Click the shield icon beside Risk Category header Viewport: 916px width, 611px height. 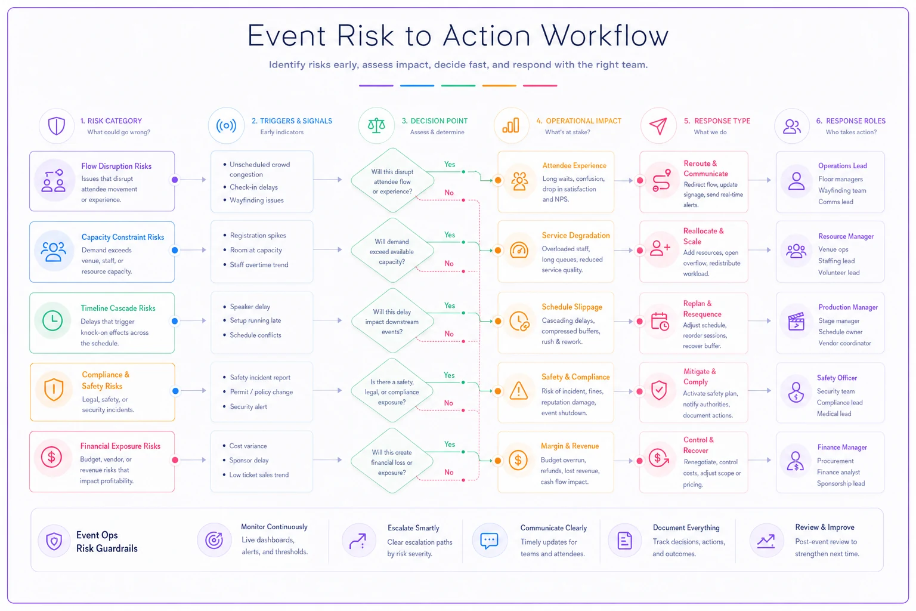point(57,126)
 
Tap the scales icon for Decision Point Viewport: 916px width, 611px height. point(376,125)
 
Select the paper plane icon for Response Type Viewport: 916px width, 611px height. point(658,126)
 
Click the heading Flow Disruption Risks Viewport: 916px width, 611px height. point(116,166)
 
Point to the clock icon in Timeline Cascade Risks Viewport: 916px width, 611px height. point(52,320)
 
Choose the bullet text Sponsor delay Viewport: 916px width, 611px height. point(249,461)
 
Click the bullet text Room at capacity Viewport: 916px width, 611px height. point(256,250)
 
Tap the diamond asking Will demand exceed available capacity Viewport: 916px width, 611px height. point(392,250)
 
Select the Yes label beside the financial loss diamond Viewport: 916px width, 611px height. point(450,444)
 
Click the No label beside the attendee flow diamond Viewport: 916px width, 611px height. point(449,192)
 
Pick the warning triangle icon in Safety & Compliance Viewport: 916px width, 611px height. point(518,390)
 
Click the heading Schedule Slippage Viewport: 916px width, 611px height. point(572,307)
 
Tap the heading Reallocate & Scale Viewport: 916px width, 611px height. point(703,236)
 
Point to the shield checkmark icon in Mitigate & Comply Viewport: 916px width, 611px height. point(659,390)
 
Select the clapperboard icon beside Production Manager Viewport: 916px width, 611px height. point(796,321)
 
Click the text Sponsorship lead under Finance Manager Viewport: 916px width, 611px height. point(841,483)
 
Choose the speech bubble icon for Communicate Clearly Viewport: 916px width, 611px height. point(488,541)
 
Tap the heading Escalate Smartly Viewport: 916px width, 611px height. point(413,528)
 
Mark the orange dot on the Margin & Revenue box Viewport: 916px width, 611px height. point(498,461)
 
